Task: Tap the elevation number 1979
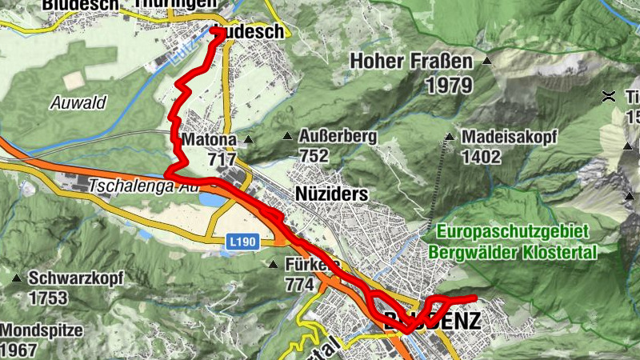[x=450, y=85]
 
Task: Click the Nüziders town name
[x=331, y=194]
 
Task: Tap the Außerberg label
[x=338, y=137]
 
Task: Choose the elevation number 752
[x=314, y=156]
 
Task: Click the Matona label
[x=210, y=140]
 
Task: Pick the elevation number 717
[x=222, y=159]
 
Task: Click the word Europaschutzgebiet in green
[x=513, y=232]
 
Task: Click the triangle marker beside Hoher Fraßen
[x=486, y=61]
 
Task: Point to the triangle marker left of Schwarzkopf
[x=17, y=279]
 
